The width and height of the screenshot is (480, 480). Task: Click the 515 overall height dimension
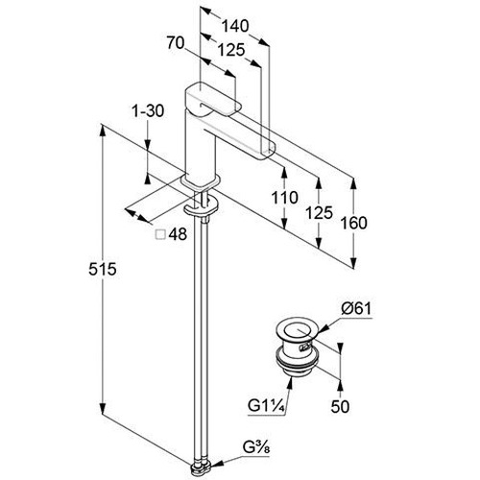[103, 269]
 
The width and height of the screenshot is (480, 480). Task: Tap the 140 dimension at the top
[235, 26]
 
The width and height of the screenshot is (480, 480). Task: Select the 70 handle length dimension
[176, 43]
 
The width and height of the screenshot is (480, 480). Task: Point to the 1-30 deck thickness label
[148, 111]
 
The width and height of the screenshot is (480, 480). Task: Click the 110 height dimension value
[285, 198]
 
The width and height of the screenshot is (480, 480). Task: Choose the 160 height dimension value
[353, 223]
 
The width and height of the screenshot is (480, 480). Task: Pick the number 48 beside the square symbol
[178, 234]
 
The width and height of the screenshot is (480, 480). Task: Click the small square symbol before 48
[160, 234]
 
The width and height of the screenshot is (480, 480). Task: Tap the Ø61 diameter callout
[356, 309]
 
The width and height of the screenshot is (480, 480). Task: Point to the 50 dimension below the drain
[340, 407]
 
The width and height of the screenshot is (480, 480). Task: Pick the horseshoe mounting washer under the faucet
[201, 207]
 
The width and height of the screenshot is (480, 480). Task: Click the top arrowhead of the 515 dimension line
[103, 131]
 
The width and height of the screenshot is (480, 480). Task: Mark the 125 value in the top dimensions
[231, 50]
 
